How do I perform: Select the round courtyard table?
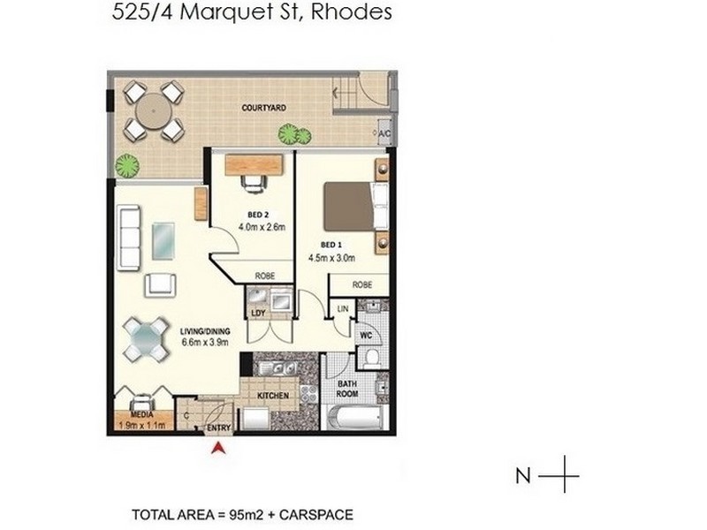pyautogui.click(x=153, y=111)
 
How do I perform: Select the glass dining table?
pyautogui.click(x=146, y=337)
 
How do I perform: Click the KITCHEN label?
pyautogui.click(x=274, y=397)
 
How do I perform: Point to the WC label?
pyautogui.click(x=363, y=337)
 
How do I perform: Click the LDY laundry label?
pyautogui.click(x=258, y=313)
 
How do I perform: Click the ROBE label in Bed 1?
pyautogui.click(x=361, y=284)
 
